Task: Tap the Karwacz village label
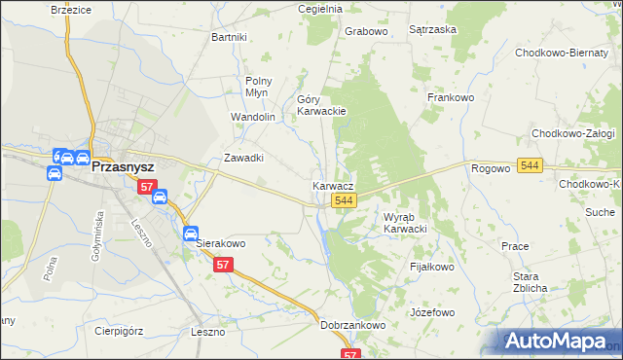click(x=333, y=185)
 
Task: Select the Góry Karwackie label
click(x=321, y=105)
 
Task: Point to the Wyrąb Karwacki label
click(x=405, y=223)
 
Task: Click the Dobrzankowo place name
click(x=353, y=326)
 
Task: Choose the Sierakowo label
click(x=221, y=243)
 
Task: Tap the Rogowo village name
click(x=491, y=168)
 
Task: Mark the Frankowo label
click(x=451, y=97)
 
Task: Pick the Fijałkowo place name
click(x=432, y=267)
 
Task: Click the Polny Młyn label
click(x=258, y=87)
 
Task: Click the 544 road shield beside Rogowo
click(x=530, y=166)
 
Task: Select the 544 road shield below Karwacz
click(x=343, y=200)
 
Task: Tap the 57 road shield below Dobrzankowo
click(x=351, y=354)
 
